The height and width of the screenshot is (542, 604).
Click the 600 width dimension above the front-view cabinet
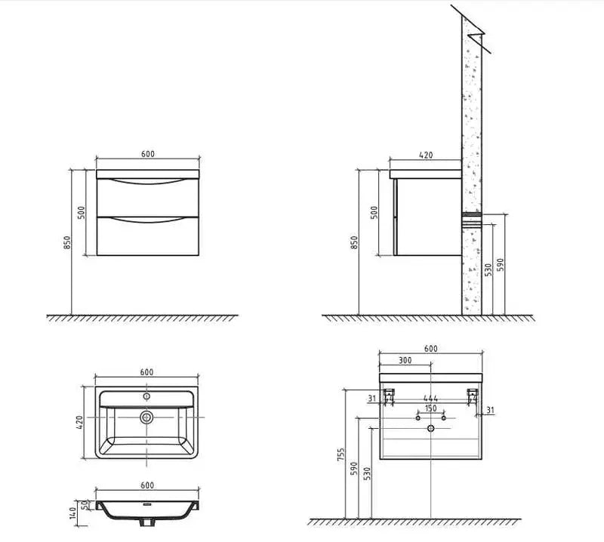point(148,154)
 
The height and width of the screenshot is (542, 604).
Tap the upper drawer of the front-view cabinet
point(148,198)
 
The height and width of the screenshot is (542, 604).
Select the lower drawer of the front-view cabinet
point(148,237)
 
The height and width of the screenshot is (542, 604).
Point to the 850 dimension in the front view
point(67,242)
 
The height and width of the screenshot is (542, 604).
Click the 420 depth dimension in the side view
point(425,155)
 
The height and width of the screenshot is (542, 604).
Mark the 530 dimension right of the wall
point(488,268)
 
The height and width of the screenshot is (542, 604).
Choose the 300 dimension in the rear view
point(405,361)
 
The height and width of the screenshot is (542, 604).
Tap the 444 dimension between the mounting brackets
point(430,398)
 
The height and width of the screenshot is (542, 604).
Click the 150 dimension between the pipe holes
point(430,408)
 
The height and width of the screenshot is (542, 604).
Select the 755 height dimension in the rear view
point(342,454)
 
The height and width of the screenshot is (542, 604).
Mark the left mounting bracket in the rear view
point(390,395)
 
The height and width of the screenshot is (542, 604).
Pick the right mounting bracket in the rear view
point(472,395)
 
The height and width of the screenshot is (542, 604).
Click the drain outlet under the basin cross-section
point(148,522)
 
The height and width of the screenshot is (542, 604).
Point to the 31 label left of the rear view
point(372,399)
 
